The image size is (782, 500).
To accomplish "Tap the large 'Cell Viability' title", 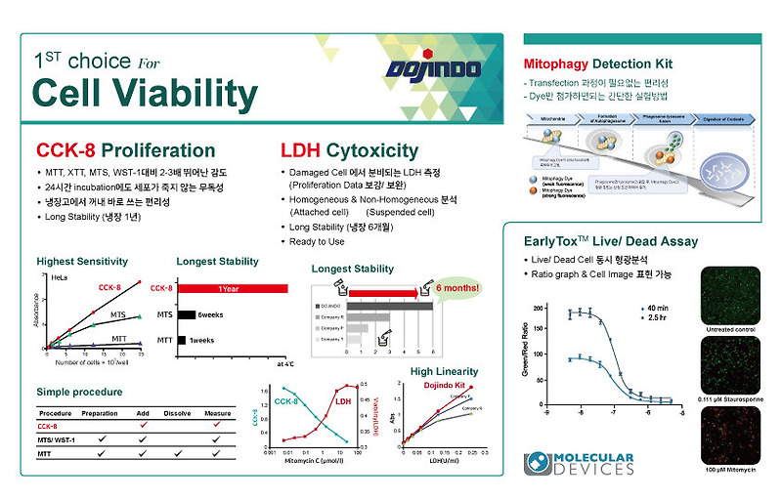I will (145, 93).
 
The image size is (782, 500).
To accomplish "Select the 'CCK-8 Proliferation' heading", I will (125, 151).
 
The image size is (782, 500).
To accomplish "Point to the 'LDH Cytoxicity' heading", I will (349, 151).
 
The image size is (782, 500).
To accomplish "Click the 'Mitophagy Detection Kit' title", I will (598, 64).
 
